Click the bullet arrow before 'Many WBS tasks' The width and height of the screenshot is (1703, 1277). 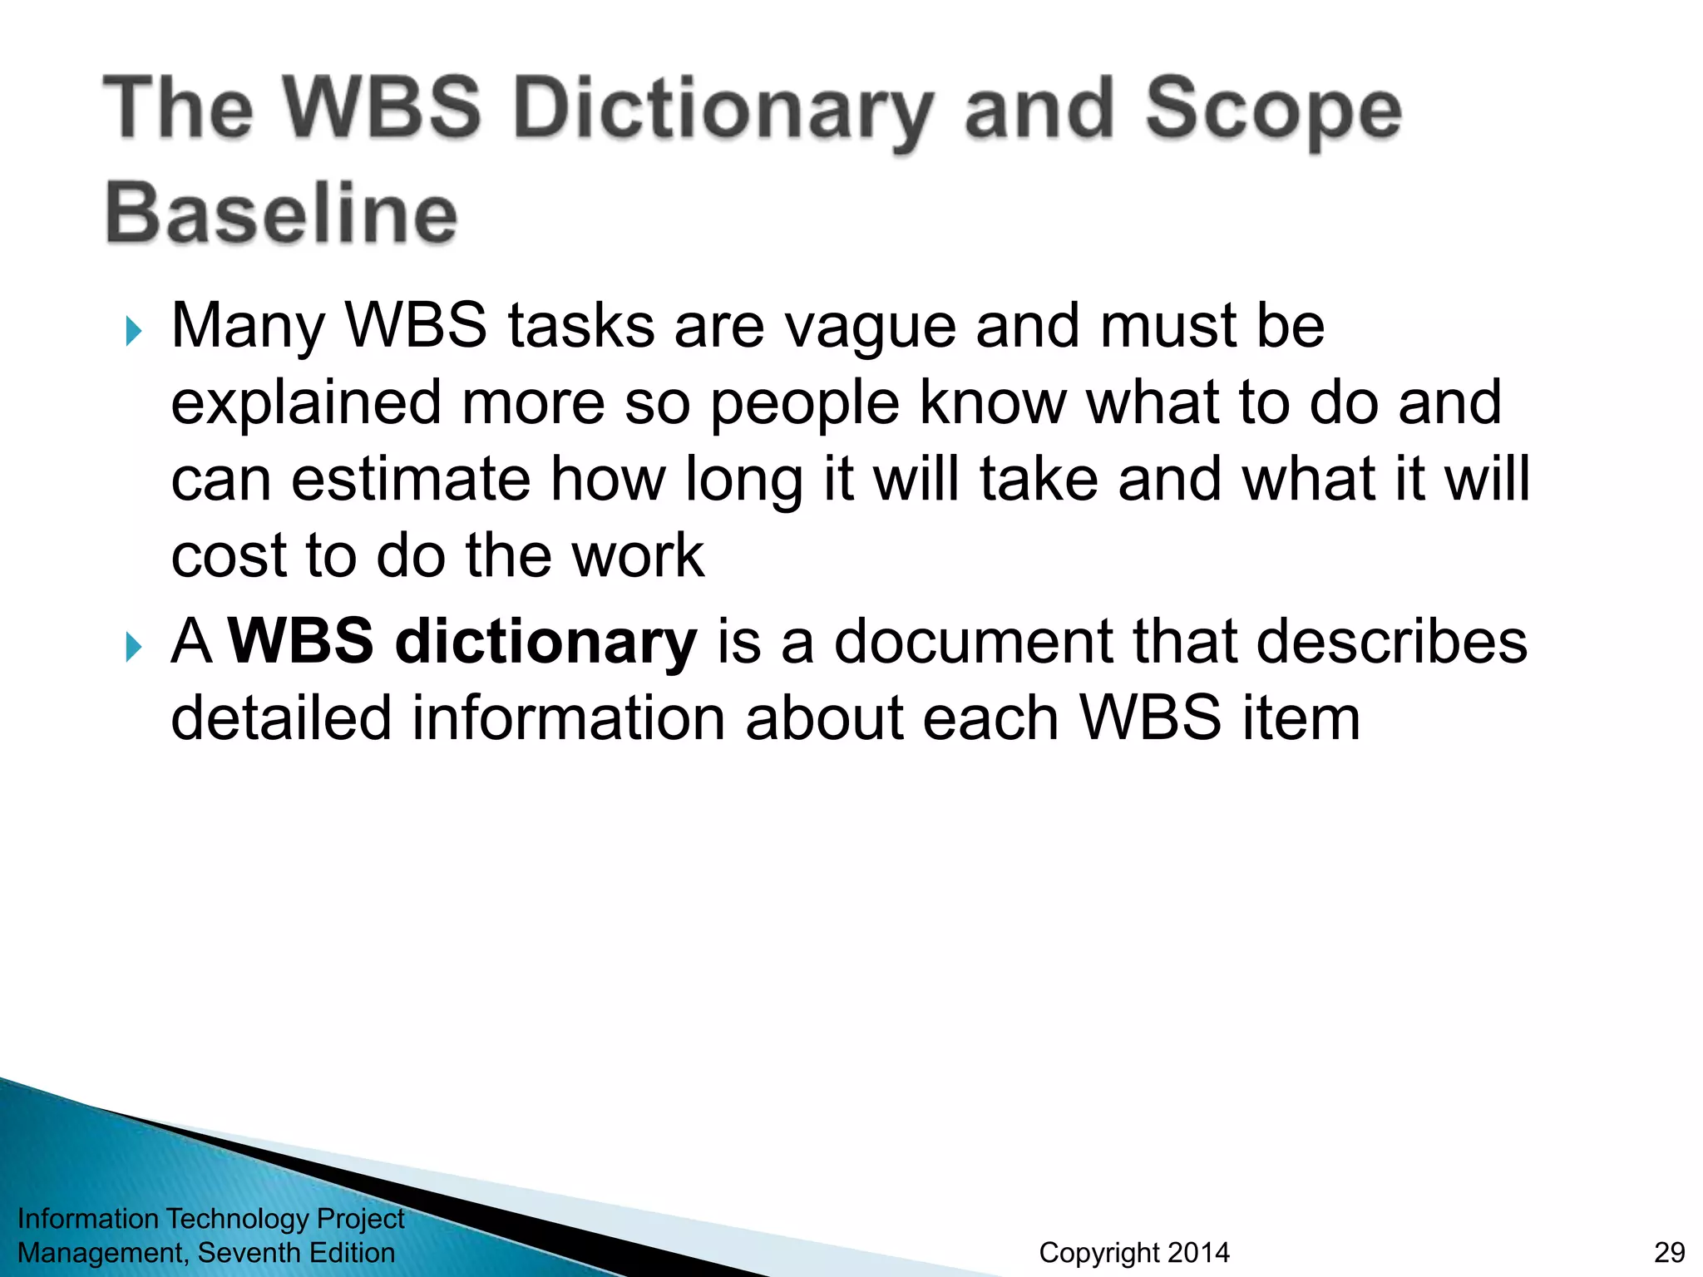coord(133,331)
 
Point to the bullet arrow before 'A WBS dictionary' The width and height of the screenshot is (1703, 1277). coord(133,646)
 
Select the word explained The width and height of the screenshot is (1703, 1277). coord(306,404)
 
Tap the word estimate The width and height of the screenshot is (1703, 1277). coord(410,480)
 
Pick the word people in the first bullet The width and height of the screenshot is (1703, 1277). coord(804,404)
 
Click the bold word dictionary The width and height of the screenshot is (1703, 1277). coord(545,643)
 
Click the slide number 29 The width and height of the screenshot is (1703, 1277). coord(1669,1252)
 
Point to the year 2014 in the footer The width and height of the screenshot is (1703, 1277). coord(1197,1252)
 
